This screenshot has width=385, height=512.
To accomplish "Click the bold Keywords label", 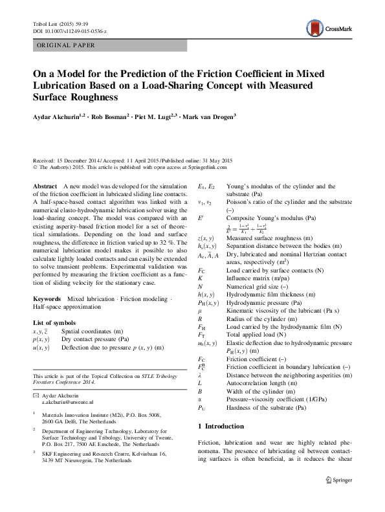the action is point(47,298).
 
